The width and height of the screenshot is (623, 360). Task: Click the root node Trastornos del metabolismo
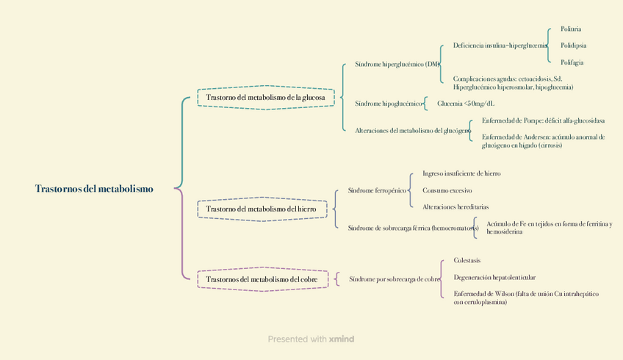[x=94, y=189]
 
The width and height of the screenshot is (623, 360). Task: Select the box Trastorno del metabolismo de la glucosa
[x=265, y=98]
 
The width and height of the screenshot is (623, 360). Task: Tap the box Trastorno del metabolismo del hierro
[x=261, y=209]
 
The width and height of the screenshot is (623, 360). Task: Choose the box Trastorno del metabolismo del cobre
[x=261, y=280]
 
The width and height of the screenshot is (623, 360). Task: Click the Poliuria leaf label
[x=571, y=29]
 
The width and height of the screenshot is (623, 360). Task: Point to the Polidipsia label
[x=573, y=46]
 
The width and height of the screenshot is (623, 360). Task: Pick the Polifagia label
[x=572, y=62]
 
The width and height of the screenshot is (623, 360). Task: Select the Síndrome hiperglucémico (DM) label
[x=397, y=64]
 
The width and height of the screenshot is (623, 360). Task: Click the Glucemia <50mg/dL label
[x=466, y=104]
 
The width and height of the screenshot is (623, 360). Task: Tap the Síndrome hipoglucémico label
[x=389, y=104]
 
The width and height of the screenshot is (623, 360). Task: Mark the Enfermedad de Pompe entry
[x=543, y=120]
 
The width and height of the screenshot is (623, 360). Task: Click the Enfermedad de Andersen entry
[x=543, y=141]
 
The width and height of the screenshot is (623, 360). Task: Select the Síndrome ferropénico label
[x=377, y=191]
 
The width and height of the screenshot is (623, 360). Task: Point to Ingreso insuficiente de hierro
[x=461, y=174]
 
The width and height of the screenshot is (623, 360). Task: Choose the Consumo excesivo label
[x=447, y=190]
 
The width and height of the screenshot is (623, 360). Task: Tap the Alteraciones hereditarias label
[x=455, y=207]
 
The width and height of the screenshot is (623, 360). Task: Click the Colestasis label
[x=467, y=260]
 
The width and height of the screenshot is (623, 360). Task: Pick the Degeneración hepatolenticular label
[x=494, y=278]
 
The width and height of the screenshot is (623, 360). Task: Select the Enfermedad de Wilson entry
[x=525, y=298]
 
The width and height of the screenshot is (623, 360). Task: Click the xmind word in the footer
[x=342, y=339]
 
